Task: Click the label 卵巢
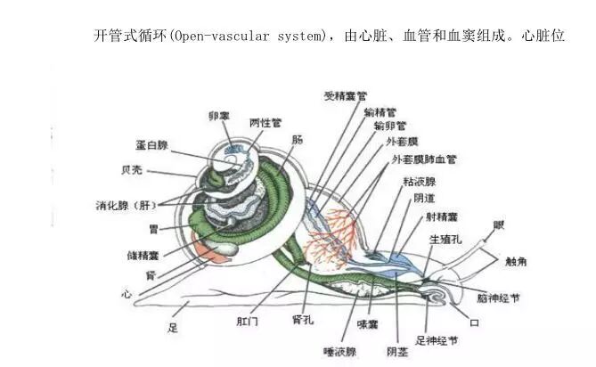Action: click(219, 117)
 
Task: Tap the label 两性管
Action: click(265, 122)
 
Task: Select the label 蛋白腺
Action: click(153, 145)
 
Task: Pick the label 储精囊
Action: click(143, 255)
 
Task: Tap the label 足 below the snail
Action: click(173, 328)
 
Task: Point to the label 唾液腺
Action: click(341, 351)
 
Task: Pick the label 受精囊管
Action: click(347, 94)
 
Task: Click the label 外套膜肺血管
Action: click(424, 159)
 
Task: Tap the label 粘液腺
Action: click(419, 181)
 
